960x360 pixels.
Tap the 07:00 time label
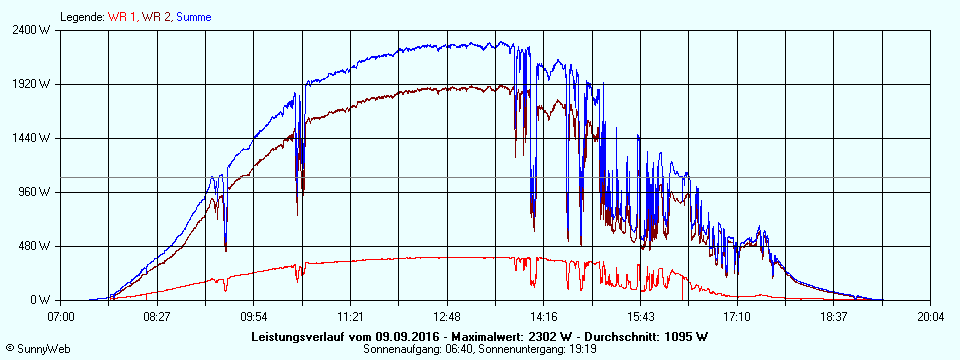(x=61, y=316)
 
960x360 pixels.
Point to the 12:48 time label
(x=447, y=316)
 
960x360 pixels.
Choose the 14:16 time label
(x=543, y=316)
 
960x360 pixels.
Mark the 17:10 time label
(x=737, y=316)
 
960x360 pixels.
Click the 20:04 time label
(x=930, y=316)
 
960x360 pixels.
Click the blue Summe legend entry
(x=193, y=17)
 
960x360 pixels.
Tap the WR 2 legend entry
(x=157, y=17)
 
